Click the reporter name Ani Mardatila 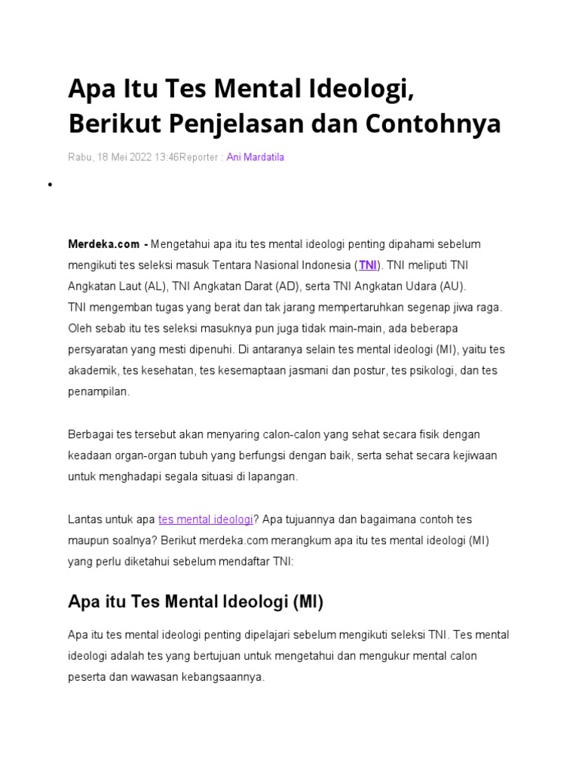(x=255, y=158)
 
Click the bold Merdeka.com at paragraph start (x=103, y=244)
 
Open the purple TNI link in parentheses (x=367, y=265)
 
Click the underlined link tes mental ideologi (x=205, y=519)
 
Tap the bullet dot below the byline (x=49, y=185)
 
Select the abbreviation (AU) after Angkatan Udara (x=454, y=286)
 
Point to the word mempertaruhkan (x=368, y=308)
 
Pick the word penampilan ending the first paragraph (x=98, y=392)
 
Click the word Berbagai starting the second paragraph (x=89, y=435)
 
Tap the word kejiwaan (x=470, y=456)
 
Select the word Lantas (x=84, y=519)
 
